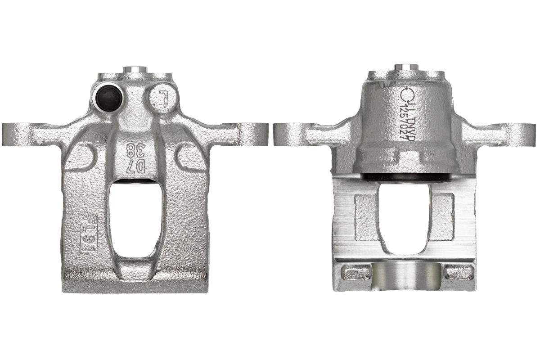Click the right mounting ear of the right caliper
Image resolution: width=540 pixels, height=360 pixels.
(x=522, y=132)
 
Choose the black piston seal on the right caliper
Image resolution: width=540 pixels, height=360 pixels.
(x=405, y=177)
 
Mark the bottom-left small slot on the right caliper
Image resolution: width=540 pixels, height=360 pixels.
(x=355, y=272)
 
